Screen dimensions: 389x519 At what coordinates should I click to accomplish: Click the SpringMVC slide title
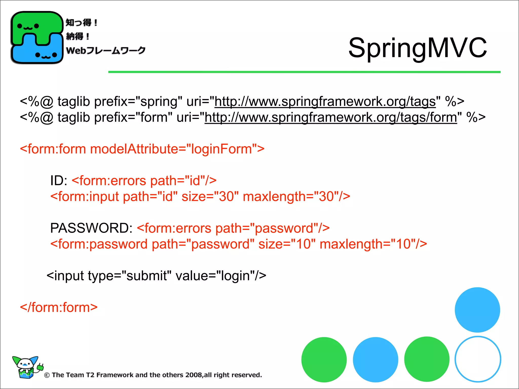pos(417,48)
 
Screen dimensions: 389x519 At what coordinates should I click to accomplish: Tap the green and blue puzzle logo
pos(37,37)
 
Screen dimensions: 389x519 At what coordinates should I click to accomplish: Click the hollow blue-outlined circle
pos(478,359)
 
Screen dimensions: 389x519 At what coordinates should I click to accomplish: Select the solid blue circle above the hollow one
pos(477,310)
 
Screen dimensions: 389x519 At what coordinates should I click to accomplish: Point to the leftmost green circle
pos(324,360)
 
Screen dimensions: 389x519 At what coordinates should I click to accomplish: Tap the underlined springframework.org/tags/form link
pos(331,118)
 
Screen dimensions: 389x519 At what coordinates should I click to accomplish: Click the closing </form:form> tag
pos(59,307)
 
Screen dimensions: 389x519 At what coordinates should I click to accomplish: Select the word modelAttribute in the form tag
pos(134,149)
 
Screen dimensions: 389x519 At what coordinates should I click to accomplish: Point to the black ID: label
pos(59,181)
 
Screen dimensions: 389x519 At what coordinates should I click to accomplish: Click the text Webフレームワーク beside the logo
pos(106,50)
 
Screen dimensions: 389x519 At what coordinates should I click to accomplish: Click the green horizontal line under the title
pos(304,72)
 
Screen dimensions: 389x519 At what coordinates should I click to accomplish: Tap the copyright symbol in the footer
pos(47,375)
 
